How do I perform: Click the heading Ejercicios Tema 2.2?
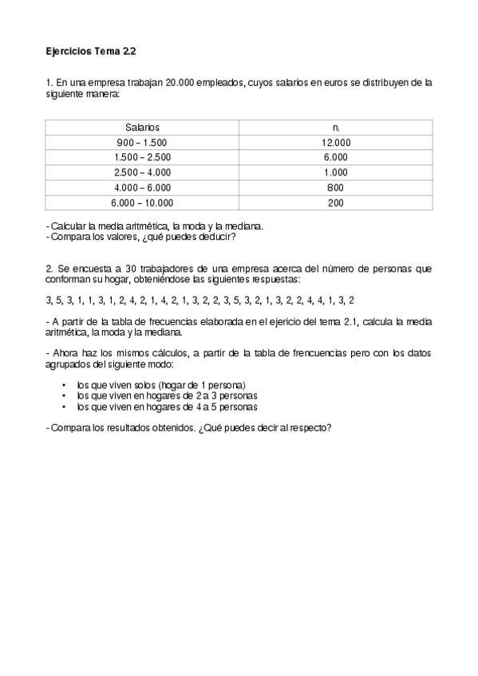[91, 51]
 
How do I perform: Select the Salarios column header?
[143, 128]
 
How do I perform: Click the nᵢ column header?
[336, 128]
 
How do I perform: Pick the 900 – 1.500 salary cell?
[143, 143]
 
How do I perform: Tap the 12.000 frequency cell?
[336, 143]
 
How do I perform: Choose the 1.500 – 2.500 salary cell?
[143, 158]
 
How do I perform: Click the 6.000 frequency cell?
[336, 158]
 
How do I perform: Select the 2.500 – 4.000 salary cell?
[143, 173]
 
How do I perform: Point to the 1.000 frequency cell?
[336, 173]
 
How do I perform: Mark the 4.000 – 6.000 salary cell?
[143, 188]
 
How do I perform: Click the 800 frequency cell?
[336, 188]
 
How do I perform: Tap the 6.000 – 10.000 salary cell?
[143, 203]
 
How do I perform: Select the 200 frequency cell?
[336, 203]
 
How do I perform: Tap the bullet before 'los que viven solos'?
[63, 384]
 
